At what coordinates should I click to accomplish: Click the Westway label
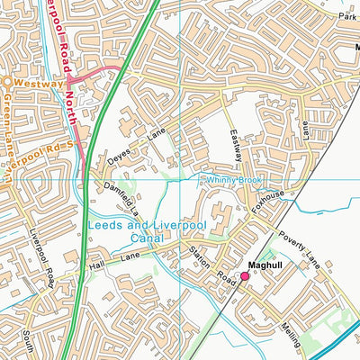coord(39,83)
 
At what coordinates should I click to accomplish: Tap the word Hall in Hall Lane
coord(96,266)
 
